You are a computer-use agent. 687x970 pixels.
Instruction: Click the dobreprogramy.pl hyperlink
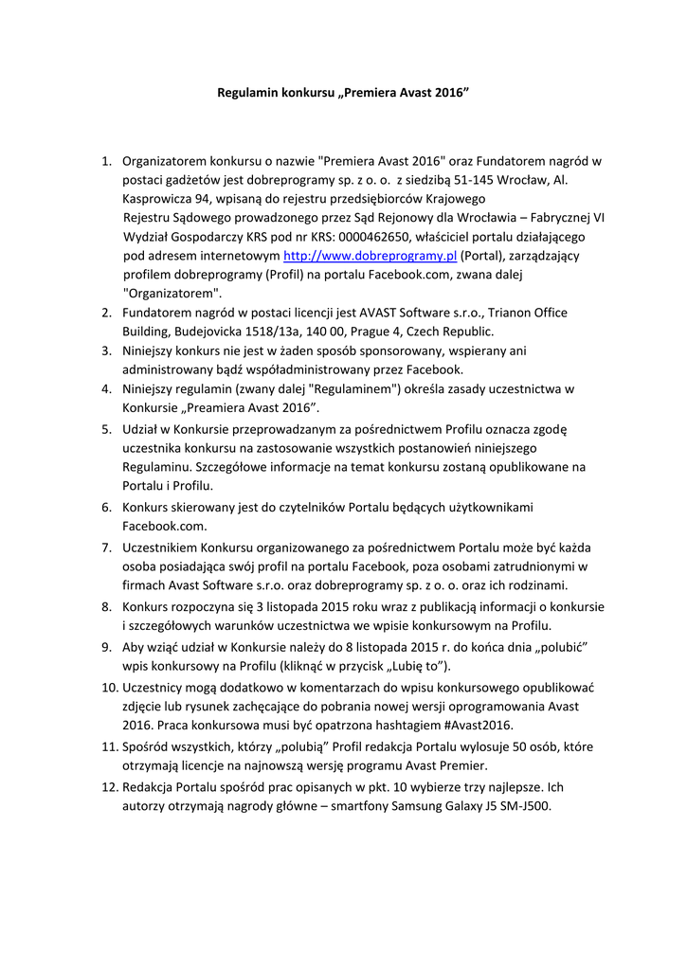(x=371, y=256)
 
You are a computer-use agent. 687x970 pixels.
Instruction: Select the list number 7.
(x=108, y=547)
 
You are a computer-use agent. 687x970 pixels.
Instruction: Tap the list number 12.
(x=106, y=787)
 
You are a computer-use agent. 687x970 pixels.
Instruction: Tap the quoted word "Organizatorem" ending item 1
(x=172, y=294)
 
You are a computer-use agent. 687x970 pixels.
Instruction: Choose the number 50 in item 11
(x=497, y=746)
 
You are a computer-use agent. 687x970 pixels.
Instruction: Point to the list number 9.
(x=108, y=645)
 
